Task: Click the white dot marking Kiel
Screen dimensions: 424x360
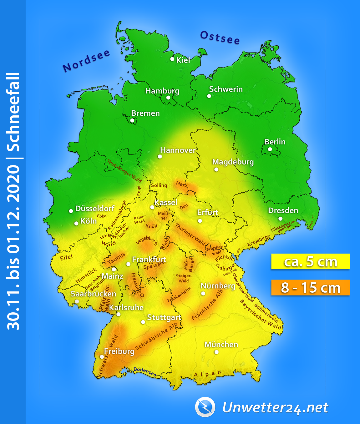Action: pos(172,59)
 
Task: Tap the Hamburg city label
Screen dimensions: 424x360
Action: pos(162,91)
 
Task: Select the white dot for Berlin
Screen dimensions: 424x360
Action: pos(270,149)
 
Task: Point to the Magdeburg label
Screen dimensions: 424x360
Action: pos(233,162)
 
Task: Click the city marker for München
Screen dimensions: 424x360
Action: pos(216,352)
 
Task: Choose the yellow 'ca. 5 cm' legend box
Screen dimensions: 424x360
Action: pos(310,262)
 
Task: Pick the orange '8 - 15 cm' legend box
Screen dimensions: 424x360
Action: pos(310,288)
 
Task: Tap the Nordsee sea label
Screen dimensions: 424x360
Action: pos(86,61)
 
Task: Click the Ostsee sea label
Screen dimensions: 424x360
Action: pos(220,38)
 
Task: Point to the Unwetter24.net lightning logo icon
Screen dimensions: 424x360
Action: pos(205,407)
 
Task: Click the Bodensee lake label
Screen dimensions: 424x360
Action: pos(145,371)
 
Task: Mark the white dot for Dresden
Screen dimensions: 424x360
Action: pos(280,219)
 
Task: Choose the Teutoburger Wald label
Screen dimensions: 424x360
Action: pos(124,171)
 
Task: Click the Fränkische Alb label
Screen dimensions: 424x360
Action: pos(207,305)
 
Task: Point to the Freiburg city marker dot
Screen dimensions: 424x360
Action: pos(102,357)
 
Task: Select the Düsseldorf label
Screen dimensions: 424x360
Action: pos(95,209)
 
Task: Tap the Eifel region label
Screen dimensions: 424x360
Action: pos(66,257)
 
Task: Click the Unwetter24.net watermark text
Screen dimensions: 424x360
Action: pos(275,407)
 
